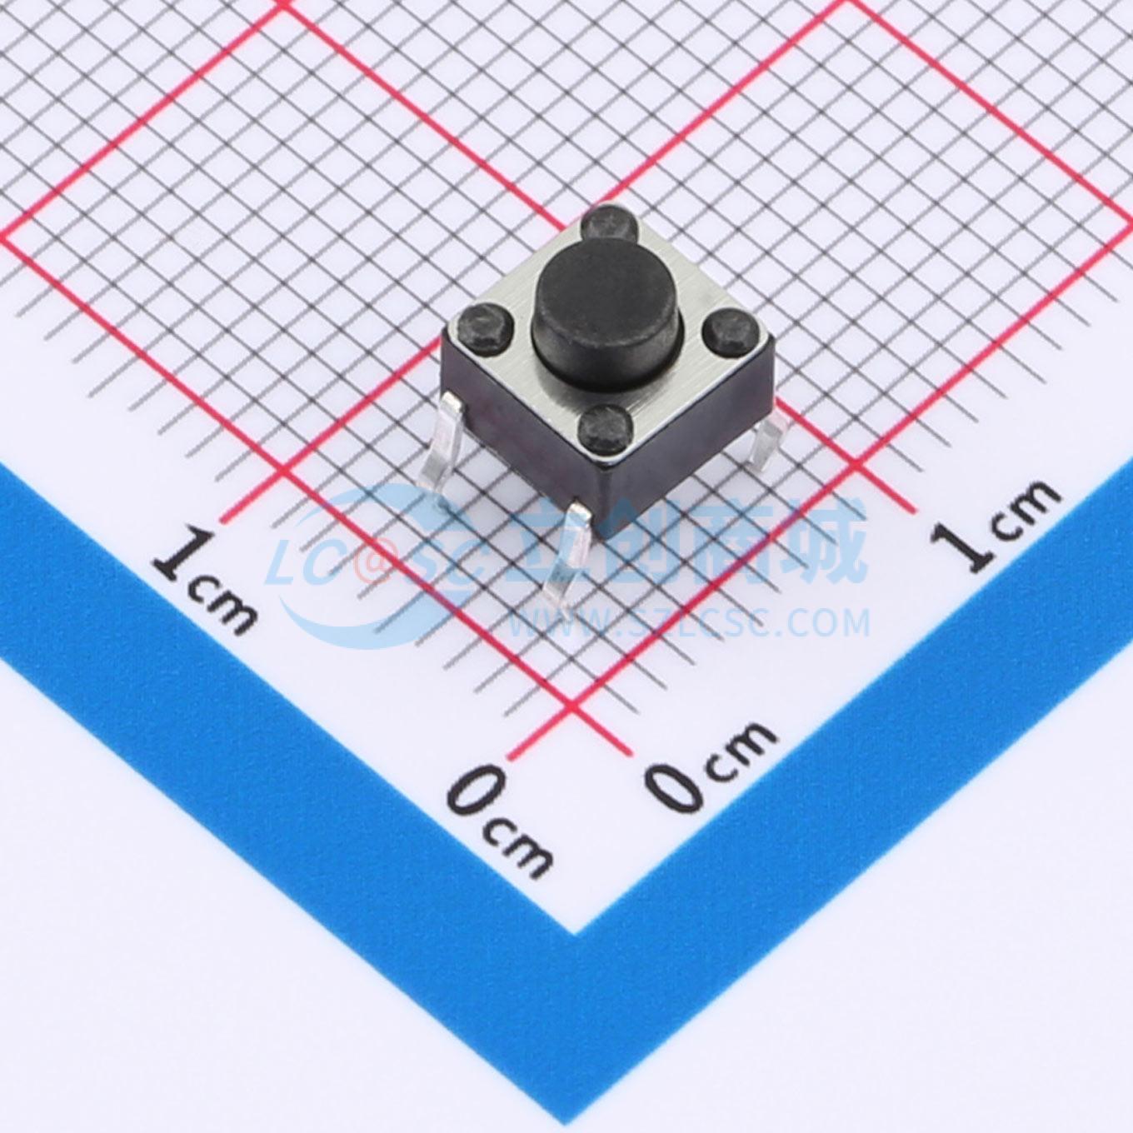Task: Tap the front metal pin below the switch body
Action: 566,559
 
